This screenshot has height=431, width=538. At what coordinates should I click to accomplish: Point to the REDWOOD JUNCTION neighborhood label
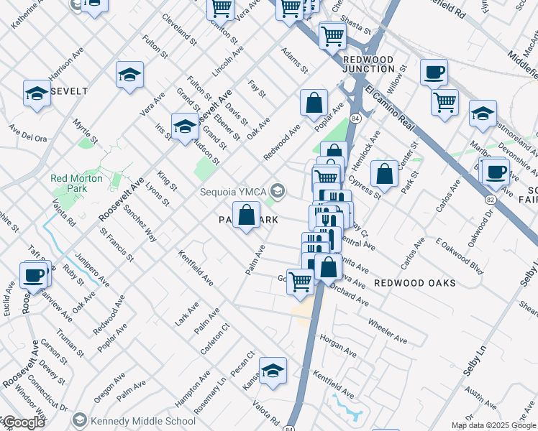point(369,64)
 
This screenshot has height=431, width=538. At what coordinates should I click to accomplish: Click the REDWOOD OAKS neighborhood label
point(415,283)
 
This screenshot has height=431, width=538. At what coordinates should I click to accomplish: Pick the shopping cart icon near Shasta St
point(332,35)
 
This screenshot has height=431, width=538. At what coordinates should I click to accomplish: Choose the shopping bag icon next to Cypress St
point(385,174)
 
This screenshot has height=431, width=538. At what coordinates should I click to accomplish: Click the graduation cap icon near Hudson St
point(185,126)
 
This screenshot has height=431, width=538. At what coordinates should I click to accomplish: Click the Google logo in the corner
point(24,422)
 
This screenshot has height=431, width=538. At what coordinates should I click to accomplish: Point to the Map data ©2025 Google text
point(493,425)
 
